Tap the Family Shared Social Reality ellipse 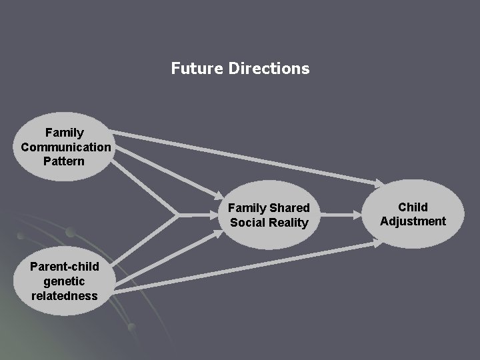click(x=269, y=215)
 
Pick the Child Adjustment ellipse click(x=413, y=214)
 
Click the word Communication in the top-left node click(x=65, y=147)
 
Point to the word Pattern click(x=64, y=161)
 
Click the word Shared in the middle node click(x=289, y=208)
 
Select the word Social click(x=246, y=223)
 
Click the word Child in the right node click(x=413, y=207)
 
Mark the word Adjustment click(x=413, y=221)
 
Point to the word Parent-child click(x=65, y=267)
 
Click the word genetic click(x=65, y=281)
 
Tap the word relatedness click(x=64, y=295)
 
